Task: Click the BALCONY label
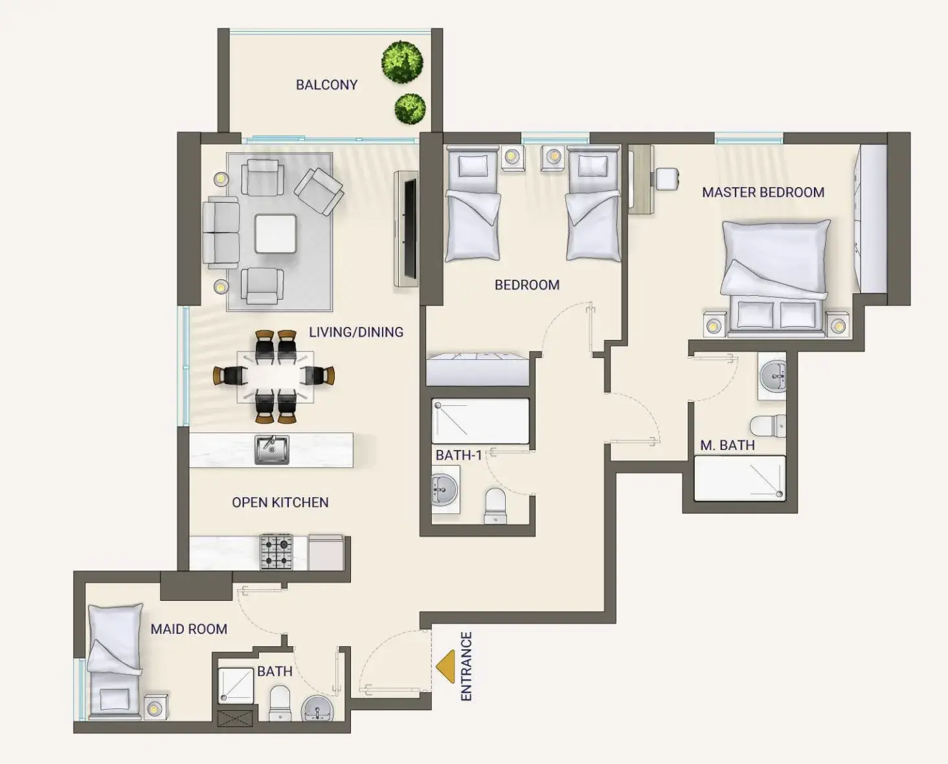point(326,85)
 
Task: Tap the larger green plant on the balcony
point(402,62)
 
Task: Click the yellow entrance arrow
point(446,667)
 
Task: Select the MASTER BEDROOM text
point(763,192)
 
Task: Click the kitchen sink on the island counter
point(272,450)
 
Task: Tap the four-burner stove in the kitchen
point(276,552)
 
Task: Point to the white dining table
point(275,377)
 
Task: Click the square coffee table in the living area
point(275,234)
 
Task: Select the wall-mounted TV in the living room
point(410,229)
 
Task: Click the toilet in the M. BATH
point(768,425)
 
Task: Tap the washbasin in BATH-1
point(445,489)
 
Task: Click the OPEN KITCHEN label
point(280,502)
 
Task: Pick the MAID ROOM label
point(189,629)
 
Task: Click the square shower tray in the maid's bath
point(236,686)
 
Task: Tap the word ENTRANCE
point(466,666)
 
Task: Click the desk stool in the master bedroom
point(667,179)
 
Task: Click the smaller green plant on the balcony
point(410,108)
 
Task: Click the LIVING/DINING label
point(356,331)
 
